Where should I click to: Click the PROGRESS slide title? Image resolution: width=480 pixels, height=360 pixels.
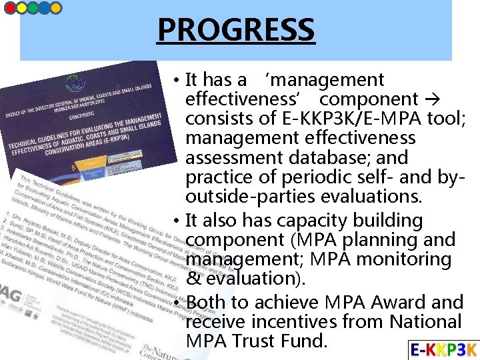235,30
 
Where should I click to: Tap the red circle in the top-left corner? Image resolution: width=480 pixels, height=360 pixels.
10,8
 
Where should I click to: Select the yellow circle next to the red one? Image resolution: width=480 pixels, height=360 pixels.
21,8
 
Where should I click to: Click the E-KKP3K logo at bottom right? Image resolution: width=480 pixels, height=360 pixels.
443,349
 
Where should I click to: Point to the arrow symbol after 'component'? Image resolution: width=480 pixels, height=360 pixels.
431,100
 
